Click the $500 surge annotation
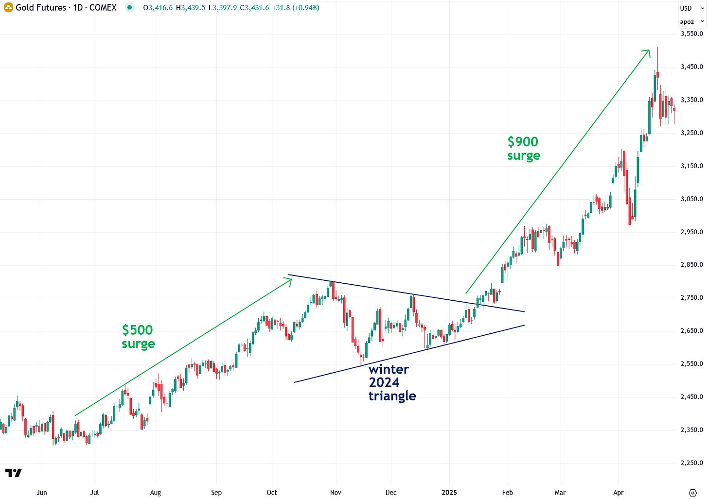[138, 337]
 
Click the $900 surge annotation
[523, 148]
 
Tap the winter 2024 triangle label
[391, 382]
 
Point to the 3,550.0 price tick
[691, 34]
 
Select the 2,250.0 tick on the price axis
[691, 463]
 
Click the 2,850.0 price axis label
[691, 265]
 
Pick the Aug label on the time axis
[155, 492]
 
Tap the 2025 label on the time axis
[449, 492]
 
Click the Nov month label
[336, 492]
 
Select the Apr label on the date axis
[618, 492]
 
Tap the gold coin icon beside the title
[8, 8]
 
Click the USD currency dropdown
[691, 8]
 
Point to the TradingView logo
[13, 473]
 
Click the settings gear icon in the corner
[693, 493]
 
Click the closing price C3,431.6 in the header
[254, 8]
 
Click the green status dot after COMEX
[129, 8]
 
